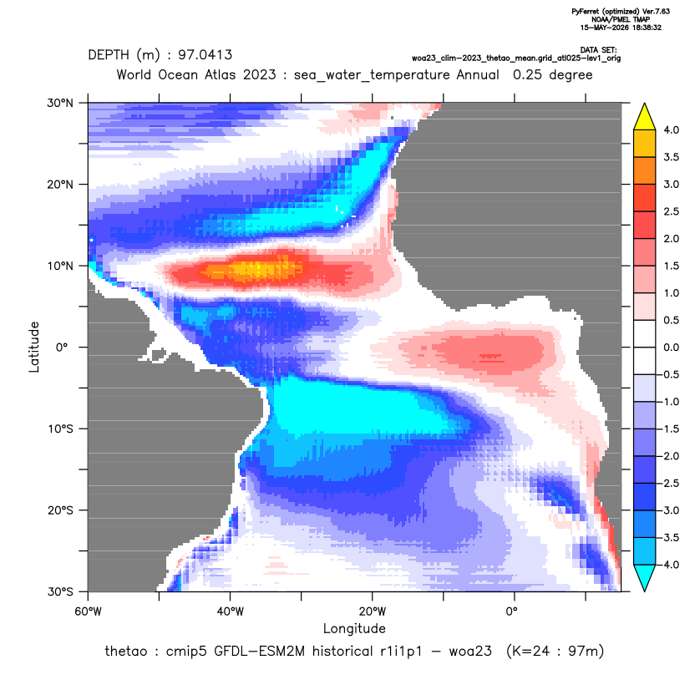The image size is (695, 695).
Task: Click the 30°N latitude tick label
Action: click(60, 103)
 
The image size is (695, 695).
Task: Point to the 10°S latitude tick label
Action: click(60, 429)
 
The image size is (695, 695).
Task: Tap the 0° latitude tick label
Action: click(62, 347)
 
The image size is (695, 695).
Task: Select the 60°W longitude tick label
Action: click(89, 611)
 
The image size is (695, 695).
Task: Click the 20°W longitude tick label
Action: click(373, 611)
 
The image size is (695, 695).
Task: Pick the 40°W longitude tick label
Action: click(230, 611)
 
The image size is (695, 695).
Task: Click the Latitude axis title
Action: click(34, 347)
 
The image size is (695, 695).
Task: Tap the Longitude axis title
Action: click(354, 628)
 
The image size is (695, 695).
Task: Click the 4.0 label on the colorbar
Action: click(671, 129)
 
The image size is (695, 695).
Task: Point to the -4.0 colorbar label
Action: click(669, 565)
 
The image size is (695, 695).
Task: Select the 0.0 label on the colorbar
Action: click(671, 347)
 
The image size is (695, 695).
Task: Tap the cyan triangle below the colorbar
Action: click(645, 576)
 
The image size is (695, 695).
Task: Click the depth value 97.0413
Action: click(205, 55)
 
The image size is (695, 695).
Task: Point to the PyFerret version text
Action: click(621, 12)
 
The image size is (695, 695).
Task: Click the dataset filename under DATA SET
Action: click(516, 58)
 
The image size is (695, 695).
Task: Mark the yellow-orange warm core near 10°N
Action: click(252, 269)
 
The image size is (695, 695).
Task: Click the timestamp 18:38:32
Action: click(646, 28)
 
